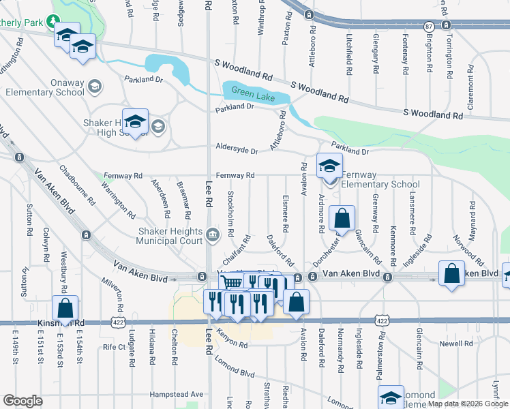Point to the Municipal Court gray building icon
pyautogui.click(x=213, y=236)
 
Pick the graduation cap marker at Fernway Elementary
pyautogui.click(x=329, y=166)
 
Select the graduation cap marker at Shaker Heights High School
pyautogui.click(x=135, y=121)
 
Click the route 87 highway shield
pyautogui.click(x=428, y=26)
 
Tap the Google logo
pyautogui.click(x=22, y=400)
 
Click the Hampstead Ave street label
pyautogui.click(x=177, y=394)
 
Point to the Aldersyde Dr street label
pyautogui.click(x=237, y=151)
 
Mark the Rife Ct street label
pyautogui.click(x=114, y=347)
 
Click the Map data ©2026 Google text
pyautogui.click(x=468, y=404)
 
